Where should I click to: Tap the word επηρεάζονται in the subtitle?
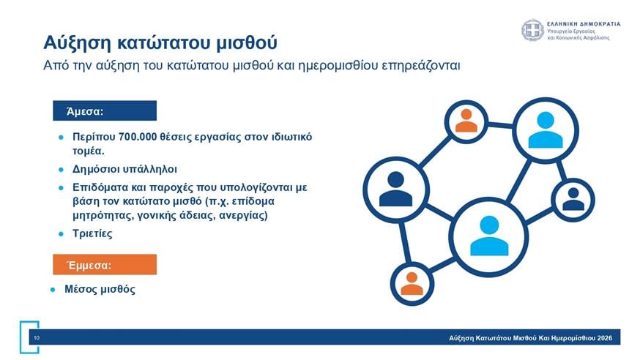pyautogui.click(x=420, y=67)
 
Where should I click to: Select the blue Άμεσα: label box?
pyautogui.click(x=105, y=111)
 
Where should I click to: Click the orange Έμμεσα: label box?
pyautogui.click(x=105, y=264)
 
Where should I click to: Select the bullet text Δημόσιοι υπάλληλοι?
pyautogui.click(x=124, y=168)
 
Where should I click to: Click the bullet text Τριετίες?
pyautogui.click(x=93, y=233)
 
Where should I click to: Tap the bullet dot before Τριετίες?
pyautogui.click(x=62, y=233)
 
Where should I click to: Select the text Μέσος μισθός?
pyautogui.click(x=100, y=289)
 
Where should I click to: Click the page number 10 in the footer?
pyautogui.click(x=36, y=338)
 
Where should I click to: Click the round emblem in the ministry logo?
pyautogui.click(x=532, y=31)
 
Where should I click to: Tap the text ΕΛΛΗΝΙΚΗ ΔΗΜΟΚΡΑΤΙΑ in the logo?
pyautogui.click(x=584, y=23)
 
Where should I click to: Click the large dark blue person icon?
pyautogui.click(x=395, y=189)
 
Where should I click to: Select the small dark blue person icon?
pyautogui.click(x=573, y=198)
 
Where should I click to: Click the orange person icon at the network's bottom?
pyautogui.click(x=412, y=283)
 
